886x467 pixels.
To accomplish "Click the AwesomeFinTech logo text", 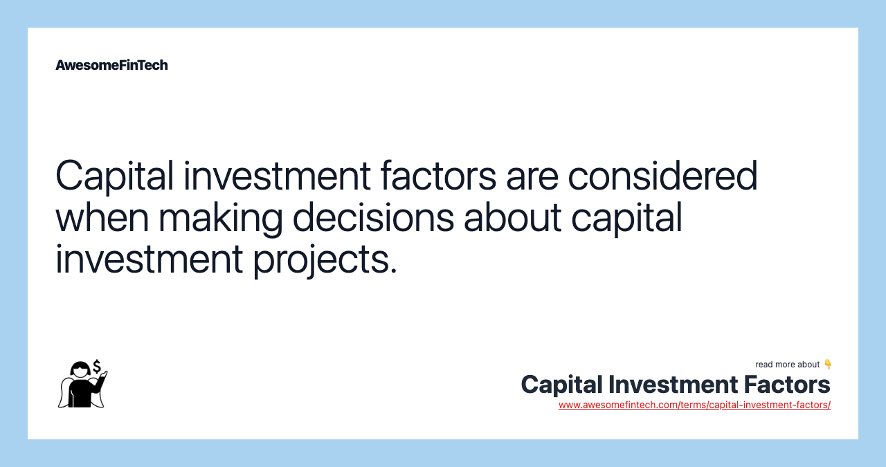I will point(111,65).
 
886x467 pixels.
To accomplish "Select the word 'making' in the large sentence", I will point(220,219).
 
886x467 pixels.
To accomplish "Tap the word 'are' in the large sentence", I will point(532,177).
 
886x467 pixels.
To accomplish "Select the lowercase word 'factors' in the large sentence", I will point(438,176).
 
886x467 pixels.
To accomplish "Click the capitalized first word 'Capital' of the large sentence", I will point(114,177).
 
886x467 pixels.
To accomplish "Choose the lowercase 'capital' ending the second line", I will point(626,219).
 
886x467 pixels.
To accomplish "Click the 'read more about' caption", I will point(787,365).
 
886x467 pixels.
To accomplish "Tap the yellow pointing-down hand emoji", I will point(828,364).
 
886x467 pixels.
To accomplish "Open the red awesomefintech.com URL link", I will point(694,405).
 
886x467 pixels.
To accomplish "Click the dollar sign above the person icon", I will point(97,365).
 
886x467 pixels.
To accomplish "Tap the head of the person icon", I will point(80,369).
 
